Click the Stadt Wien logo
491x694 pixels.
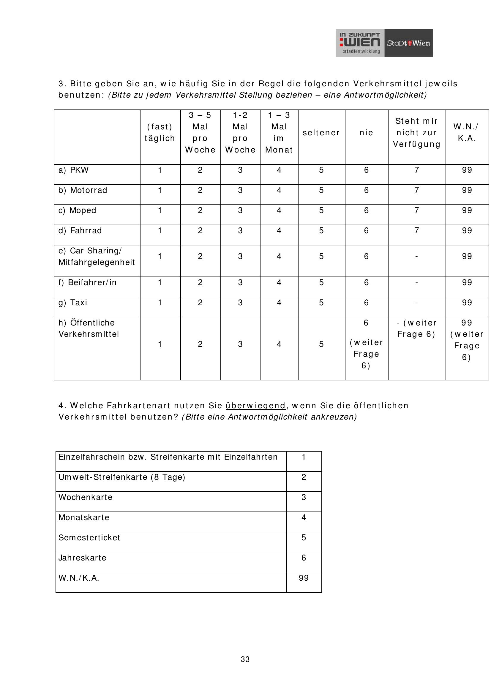coord(408,43)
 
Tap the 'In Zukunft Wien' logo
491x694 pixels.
coord(360,43)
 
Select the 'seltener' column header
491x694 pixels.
coord(321,133)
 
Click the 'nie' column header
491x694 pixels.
coord(366,133)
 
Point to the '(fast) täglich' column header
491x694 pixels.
coord(160,132)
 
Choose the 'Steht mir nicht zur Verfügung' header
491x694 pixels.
coord(416,133)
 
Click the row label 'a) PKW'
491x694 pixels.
coord(73,170)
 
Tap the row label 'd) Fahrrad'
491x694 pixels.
coord(80,231)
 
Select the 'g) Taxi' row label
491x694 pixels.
coord(73,303)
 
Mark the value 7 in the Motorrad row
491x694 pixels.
coord(416,190)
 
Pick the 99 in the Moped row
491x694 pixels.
coord(467,210)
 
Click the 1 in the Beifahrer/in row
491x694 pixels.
coord(160,282)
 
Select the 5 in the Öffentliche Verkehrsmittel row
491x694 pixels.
coord(321,344)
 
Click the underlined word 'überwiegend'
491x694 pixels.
coord(256,405)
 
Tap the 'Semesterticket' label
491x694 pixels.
coord(89,537)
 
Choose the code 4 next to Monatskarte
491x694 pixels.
coord(304,517)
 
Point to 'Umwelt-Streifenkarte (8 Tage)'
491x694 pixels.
coord(121,477)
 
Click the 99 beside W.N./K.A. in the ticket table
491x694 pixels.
coord(304,578)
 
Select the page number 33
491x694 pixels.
coord(245,659)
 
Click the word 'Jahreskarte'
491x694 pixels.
coord(82,558)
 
